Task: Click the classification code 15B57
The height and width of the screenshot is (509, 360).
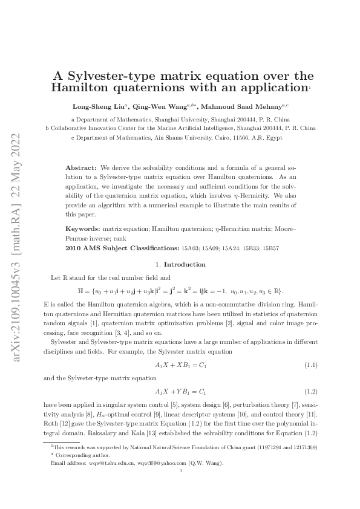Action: pyautogui.click(x=270, y=248)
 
